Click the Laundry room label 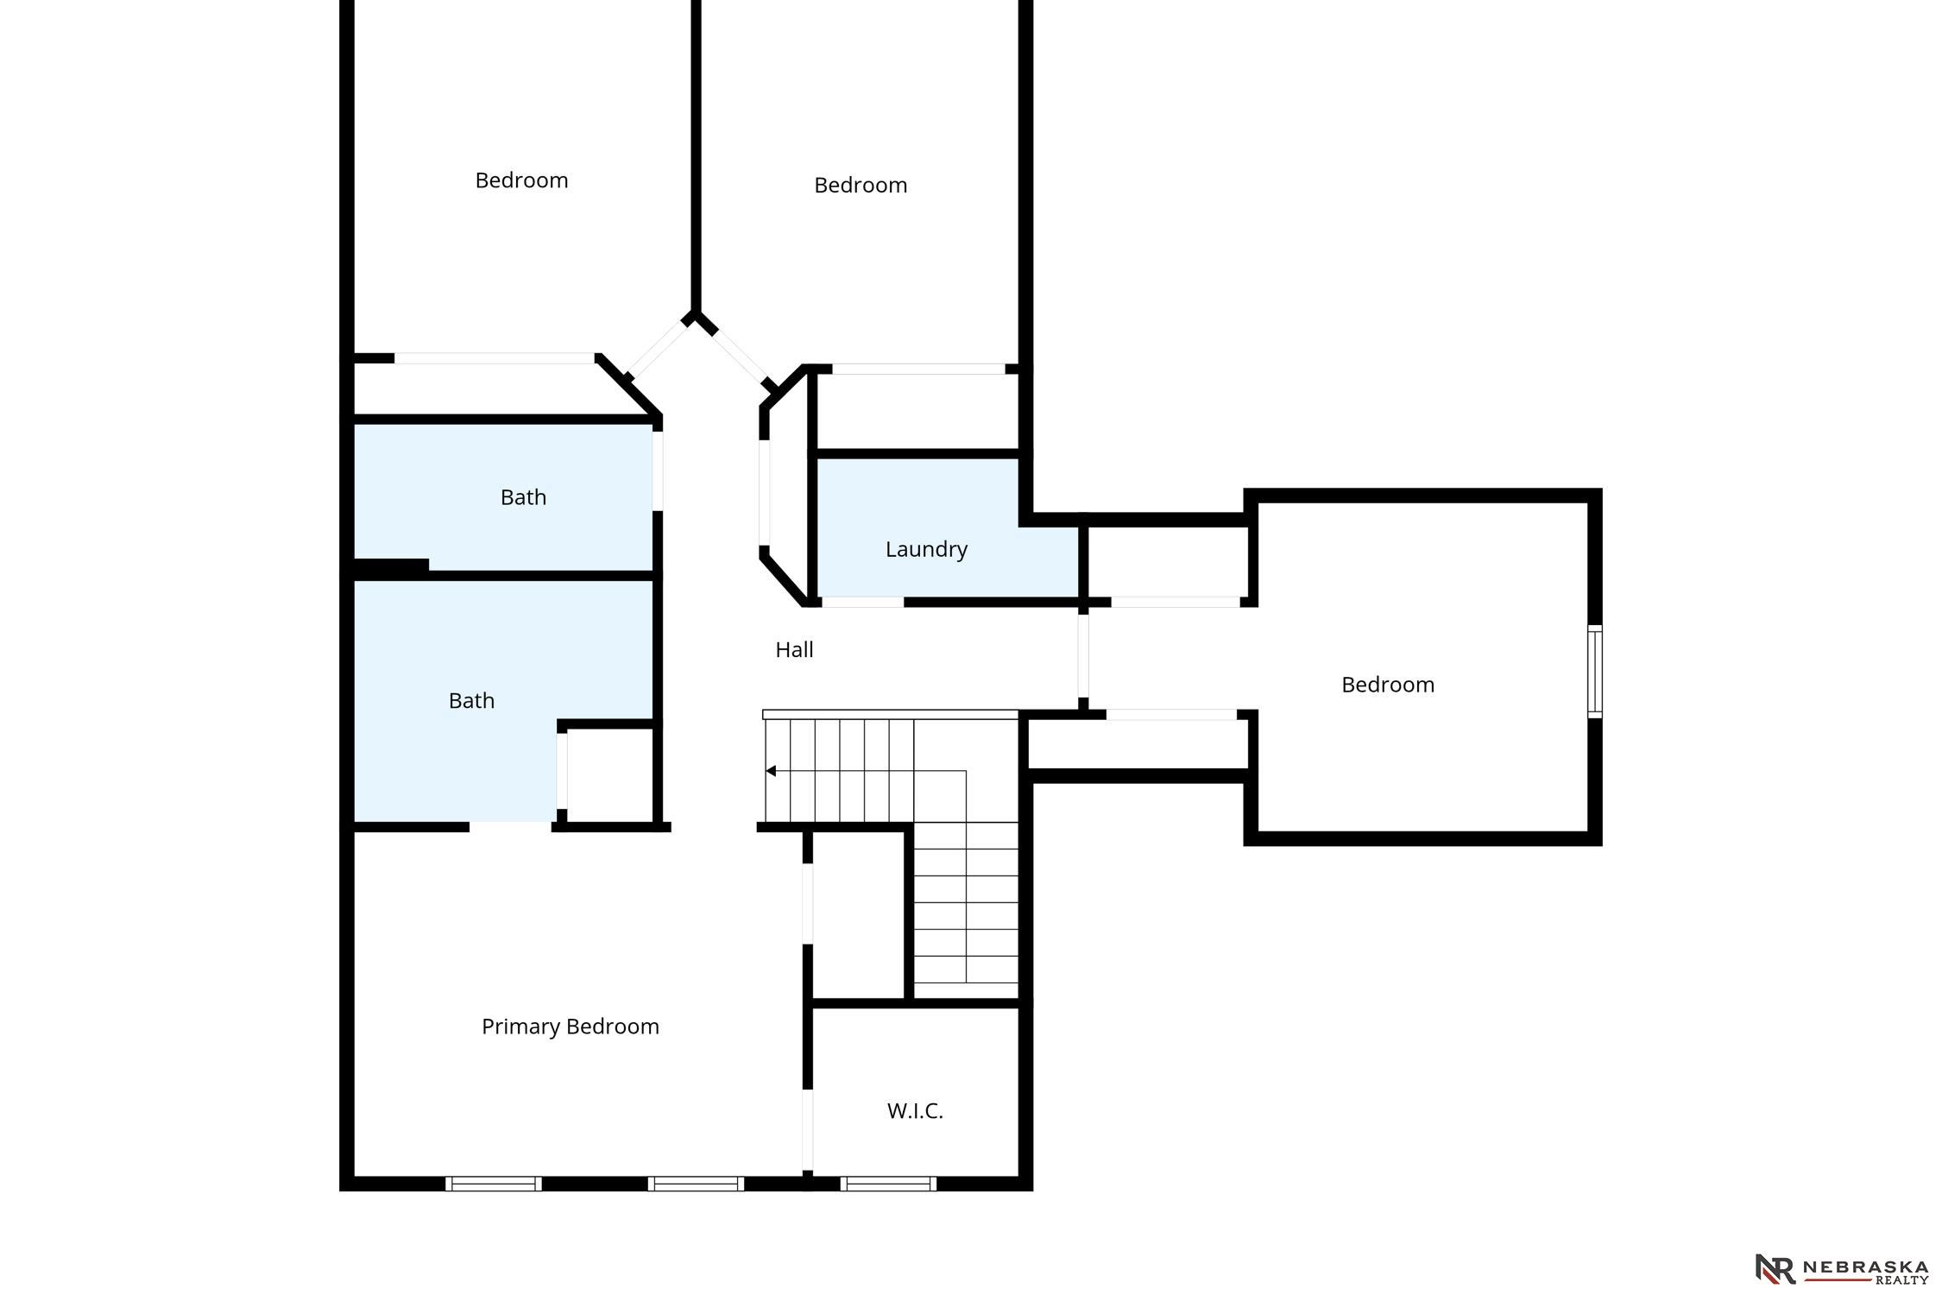(926, 549)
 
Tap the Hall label (794, 649)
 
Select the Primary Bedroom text (571, 1026)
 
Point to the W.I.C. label (915, 1111)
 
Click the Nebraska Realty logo (1842, 1268)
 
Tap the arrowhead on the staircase (771, 771)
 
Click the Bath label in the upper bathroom (523, 497)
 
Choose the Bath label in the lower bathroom (471, 700)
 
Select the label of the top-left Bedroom (521, 180)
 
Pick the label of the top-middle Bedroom (861, 185)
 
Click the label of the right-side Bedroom (1388, 685)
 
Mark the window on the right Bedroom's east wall (1595, 672)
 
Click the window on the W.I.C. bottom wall (888, 1184)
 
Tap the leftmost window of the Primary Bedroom (494, 1184)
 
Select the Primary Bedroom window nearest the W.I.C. (696, 1184)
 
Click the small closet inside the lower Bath (610, 774)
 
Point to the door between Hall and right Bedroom (1083, 655)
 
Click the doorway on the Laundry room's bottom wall (862, 602)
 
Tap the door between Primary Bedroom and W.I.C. (808, 1130)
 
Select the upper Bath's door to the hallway (658, 471)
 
